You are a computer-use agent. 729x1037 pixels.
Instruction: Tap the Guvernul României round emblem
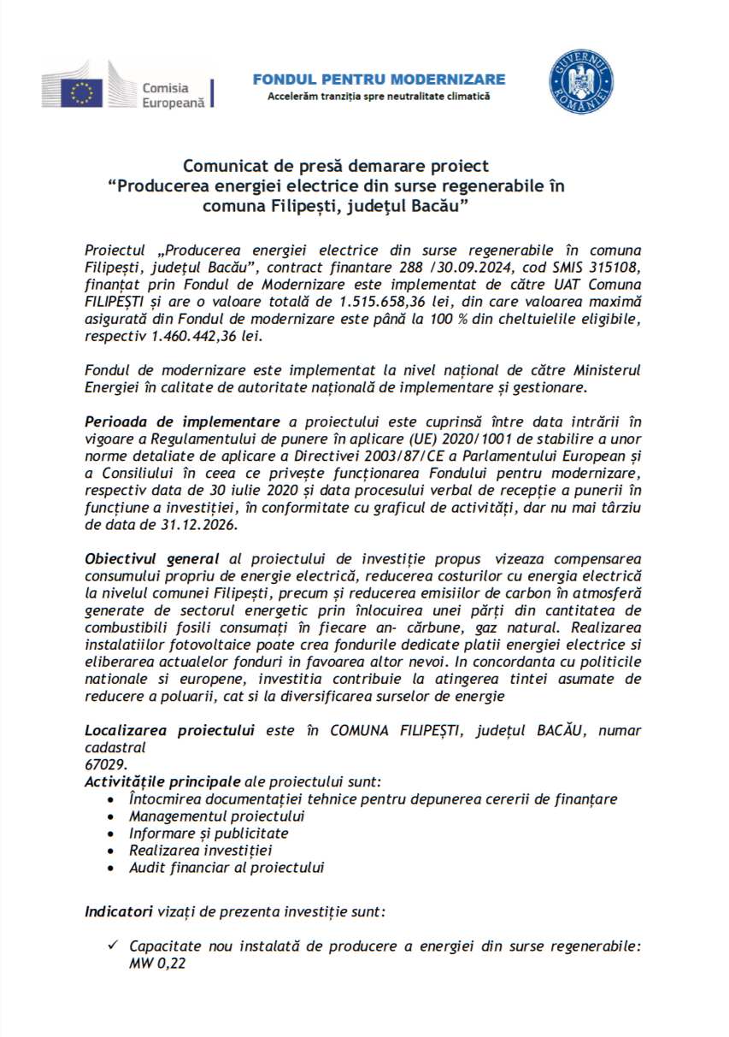pyautogui.click(x=581, y=82)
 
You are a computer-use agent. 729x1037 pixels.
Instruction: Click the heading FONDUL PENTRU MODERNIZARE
pyautogui.click(x=379, y=80)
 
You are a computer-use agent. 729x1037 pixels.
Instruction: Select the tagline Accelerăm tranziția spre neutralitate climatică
pyautogui.click(x=379, y=97)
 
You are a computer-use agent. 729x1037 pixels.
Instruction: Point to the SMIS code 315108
pyautogui.click(x=616, y=267)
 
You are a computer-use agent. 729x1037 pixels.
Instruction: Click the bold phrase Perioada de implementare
pyautogui.click(x=182, y=422)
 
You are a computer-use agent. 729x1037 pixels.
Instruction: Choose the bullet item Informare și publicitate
pyautogui.click(x=209, y=833)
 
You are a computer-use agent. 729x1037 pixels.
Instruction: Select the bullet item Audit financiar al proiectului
pyautogui.click(x=226, y=867)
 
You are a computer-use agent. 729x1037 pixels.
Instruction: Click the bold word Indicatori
pyautogui.click(x=119, y=911)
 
